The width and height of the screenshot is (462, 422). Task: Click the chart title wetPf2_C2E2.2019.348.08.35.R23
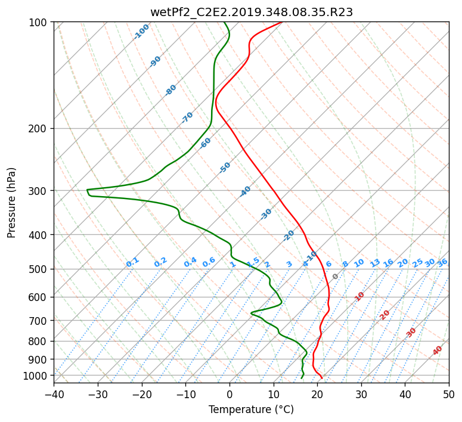(x=252, y=12)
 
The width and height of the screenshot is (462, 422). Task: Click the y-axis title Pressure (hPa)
(x=11, y=203)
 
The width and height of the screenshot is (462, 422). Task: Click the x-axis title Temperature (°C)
(x=252, y=409)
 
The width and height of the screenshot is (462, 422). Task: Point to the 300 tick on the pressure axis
(x=38, y=191)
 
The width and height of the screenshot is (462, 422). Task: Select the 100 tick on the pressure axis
(x=38, y=23)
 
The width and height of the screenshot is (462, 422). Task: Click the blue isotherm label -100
(x=141, y=32)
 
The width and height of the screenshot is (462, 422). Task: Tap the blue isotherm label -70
(x=187, y=117)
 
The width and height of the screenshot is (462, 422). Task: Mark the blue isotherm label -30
(x=266, y=214)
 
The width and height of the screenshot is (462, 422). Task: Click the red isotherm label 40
(x=437, y=350)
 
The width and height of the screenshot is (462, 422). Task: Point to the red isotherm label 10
(x=359, y=296)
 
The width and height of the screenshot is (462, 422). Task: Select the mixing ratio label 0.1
(x=132, y=262)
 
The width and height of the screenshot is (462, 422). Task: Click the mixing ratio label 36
(x=442, y=263)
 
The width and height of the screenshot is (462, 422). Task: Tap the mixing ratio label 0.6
(x=209, y=262)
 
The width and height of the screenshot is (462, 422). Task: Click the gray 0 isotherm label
(x=335, y=277)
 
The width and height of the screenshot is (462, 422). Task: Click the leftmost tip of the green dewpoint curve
(x=87, y=190)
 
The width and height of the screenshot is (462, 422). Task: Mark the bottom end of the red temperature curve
(x=322, y=378)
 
